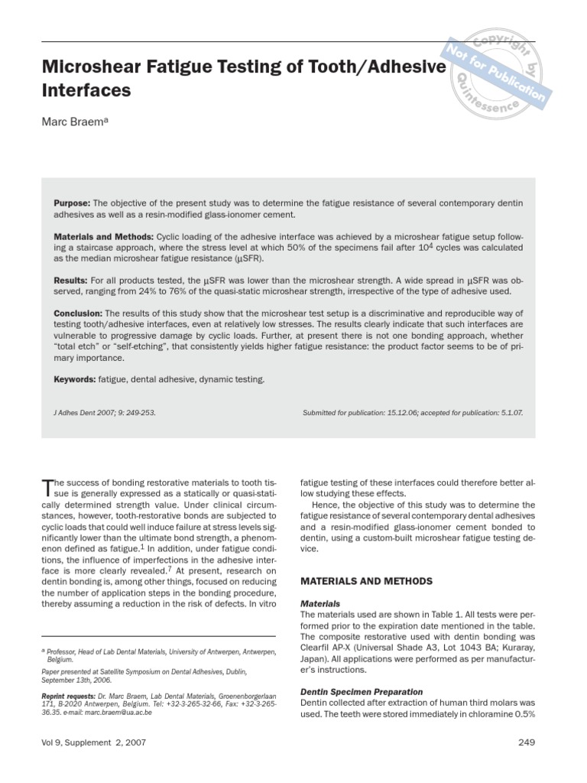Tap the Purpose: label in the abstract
point(72,203)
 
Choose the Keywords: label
point(74,379)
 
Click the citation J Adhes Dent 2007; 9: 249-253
point(105,413)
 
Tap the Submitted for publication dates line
point(413,413)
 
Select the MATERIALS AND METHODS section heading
point(366,581)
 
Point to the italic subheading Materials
point(320,604)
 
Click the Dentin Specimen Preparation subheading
point(362,691)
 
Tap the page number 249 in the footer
point(527,742)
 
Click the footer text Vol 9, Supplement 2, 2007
point(93,742)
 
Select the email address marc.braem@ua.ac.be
point(118,712)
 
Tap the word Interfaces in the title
point(86,91)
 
